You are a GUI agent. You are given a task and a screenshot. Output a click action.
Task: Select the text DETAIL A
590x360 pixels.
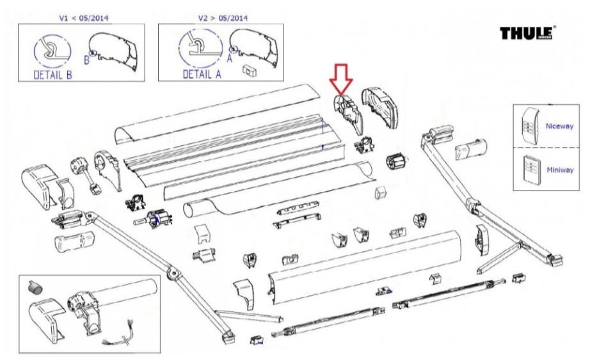click(202, 75)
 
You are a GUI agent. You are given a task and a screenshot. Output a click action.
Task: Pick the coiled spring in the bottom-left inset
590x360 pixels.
click(37, 289)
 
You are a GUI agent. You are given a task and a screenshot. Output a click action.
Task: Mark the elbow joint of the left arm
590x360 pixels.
click(172, 273)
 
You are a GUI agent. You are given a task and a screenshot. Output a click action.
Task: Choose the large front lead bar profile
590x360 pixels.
click(365, 262)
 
